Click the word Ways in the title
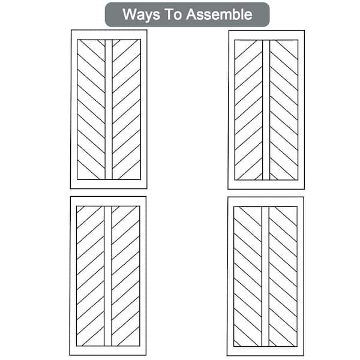tap(141, 14)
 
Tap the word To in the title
tap(173, 14)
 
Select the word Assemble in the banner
tap(219, 14)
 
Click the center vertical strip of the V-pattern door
tap(109, 110)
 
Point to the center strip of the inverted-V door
tap(266, 110)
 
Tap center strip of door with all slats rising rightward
tap(108, 276)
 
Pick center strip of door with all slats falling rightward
tap(265, 277)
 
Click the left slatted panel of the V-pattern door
tap(91, 110)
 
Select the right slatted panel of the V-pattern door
tap(127, 110)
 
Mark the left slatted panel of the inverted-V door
tap(248, 110)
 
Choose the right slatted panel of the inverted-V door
tap(284, 110)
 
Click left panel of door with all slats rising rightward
tap(91, 276)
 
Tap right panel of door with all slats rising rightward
tap(125, 276)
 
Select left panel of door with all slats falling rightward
tap(248, 277)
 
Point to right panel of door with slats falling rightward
tap(283, 277)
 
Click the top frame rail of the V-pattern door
tap(109, 35)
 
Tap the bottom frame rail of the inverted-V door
tap(266, 185)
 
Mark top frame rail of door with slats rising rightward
tap(108, 202)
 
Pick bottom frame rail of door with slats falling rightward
tap(265, 351)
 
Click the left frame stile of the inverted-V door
tap(232, 110)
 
